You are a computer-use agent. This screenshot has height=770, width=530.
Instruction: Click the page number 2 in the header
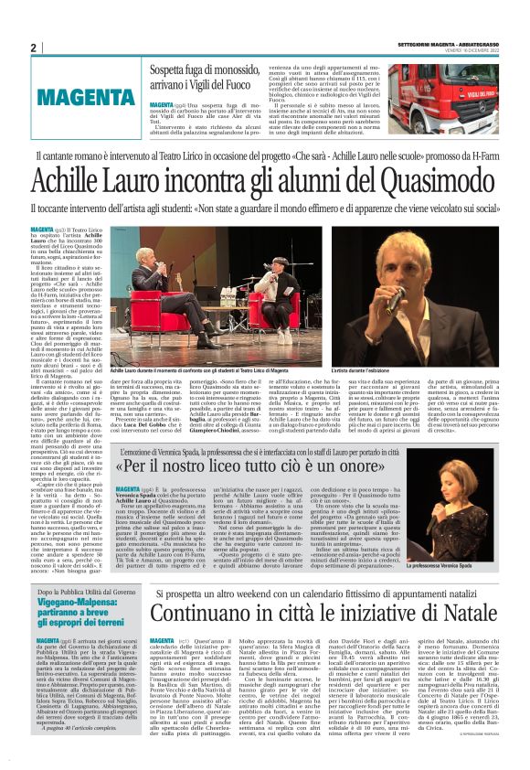point(34,48)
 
